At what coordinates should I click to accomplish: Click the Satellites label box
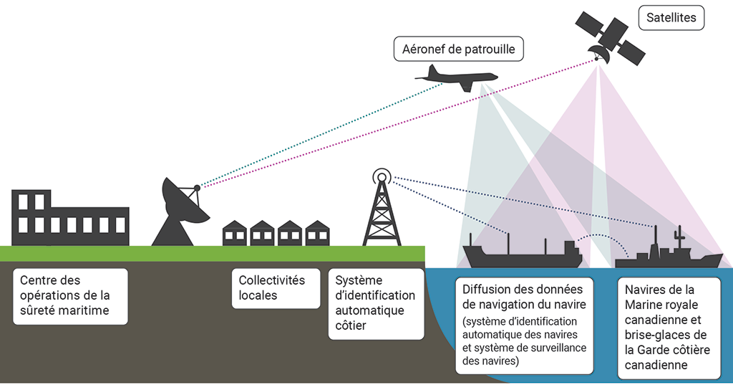671,18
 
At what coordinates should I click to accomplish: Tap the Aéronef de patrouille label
459,49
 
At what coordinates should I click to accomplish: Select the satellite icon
609,37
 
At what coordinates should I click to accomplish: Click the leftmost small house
235,233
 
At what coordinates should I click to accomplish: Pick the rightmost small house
317,233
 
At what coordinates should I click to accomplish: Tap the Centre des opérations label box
70,295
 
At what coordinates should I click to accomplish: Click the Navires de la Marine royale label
669,328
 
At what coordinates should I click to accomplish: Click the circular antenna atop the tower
382,176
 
